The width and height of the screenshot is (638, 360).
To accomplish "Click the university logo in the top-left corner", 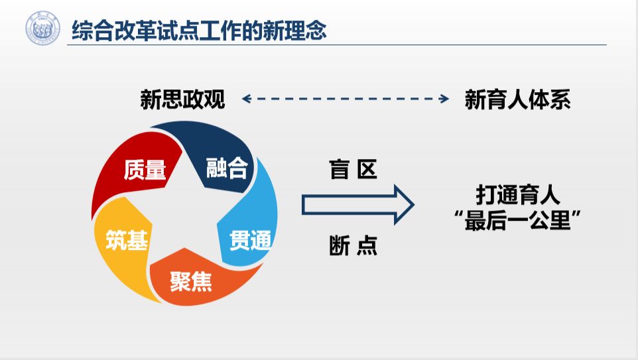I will tap(42, 28).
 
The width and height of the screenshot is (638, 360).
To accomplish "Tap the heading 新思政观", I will tap(182, 99).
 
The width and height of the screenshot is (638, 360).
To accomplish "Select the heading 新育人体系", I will tap(518, 99).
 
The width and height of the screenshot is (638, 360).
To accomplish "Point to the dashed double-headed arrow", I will tap(345, 99).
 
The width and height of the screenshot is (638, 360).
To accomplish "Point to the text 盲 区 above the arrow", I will tap(353, 170).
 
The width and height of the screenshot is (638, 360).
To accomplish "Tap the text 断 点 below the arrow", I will tap(353, 245).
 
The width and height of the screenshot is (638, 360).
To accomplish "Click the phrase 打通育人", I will tap(518, 195).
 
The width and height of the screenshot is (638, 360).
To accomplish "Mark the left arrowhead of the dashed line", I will tap(245, 99).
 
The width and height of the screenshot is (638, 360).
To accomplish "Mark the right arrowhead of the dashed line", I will tap(446, 99).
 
